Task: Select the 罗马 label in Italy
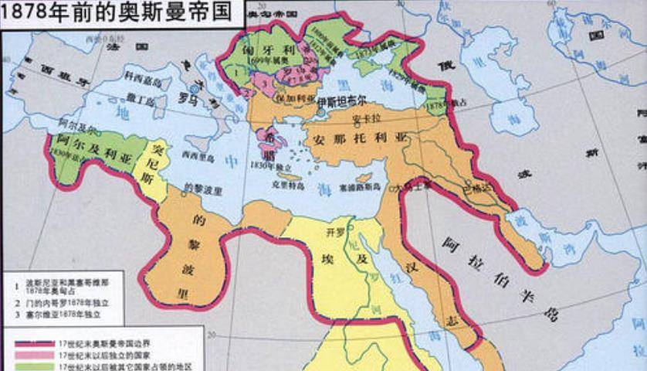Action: coord(183,98)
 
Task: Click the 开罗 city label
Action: coord(333,232)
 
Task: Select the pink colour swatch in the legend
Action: coord(31,353)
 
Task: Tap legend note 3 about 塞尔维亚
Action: coord(65,315)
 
